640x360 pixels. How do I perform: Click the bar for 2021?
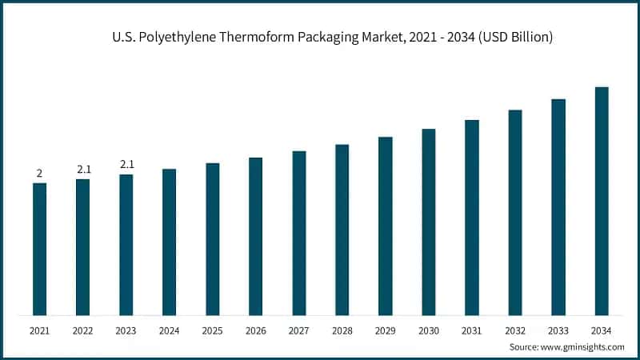(39, 249)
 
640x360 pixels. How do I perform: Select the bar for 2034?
(602, 201)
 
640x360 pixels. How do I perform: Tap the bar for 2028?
(342, 230)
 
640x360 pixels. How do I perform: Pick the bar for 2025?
(212, 238)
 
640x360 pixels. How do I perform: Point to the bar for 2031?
(472, 217)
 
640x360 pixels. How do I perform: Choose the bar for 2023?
(126, 244)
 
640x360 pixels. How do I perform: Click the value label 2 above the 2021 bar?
(39, 173)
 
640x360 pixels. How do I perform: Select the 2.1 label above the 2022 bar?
(83, 169)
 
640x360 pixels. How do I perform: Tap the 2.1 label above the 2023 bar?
(126, 164)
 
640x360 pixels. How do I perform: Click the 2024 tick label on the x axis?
(169, 330)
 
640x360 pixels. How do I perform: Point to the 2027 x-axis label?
(298, 330)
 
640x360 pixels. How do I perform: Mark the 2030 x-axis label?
(428, 330)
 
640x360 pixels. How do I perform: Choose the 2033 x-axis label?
(558, 330)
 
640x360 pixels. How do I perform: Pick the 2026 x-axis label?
(255, 330)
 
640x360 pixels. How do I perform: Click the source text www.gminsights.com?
(582, 346)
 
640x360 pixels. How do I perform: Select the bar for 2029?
(386, 226)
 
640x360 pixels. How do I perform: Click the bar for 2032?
(515, 212)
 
